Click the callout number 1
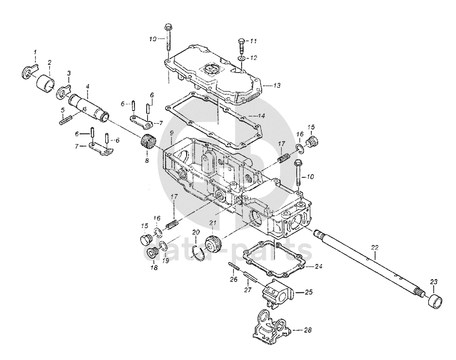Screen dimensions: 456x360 click(36, 52)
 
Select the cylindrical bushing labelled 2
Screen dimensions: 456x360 click(46, 82)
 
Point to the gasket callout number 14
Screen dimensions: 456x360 click(261, 116)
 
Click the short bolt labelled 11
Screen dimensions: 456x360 click(242, 45)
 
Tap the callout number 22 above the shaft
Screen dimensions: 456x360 click(375, 248)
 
